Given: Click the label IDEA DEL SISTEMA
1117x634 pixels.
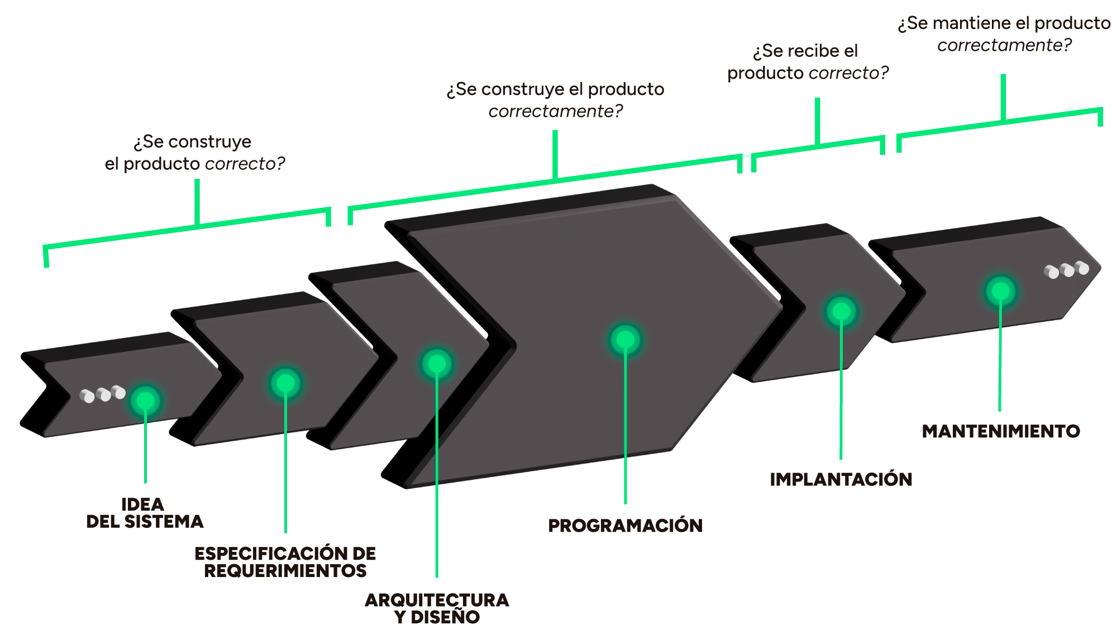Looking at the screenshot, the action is click(145, 513).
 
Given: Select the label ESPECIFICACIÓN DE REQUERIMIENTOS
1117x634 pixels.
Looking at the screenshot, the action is click(285, 562).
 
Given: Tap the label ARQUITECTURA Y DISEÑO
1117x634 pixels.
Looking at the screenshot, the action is click(437, 608).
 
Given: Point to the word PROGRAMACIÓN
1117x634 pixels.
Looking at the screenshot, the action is click(625, 526).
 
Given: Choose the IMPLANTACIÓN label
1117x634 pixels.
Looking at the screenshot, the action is click(841, 479).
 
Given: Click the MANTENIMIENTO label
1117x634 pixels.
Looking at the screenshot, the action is click(1001, 431).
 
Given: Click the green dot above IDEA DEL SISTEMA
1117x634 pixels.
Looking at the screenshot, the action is click(145, 401).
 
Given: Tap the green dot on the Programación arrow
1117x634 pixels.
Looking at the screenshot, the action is click(626, 340).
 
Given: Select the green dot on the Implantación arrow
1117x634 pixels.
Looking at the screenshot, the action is click(841, 311).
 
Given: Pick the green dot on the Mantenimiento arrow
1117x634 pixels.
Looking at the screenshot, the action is click(1001, 291).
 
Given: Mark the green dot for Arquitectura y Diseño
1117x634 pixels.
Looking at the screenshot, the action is click(437, 364).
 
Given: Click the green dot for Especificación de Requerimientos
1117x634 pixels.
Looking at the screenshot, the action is click(285, 383).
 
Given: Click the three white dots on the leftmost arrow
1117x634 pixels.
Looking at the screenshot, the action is click(102, 394).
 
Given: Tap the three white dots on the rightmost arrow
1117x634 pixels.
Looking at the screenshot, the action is click(1067, 270).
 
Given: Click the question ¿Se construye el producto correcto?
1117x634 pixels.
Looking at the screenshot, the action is click(195, 152).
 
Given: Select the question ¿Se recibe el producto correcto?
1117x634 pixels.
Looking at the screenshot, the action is click(808, 62).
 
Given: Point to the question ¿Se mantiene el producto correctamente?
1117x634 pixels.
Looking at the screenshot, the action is click(1004, 34).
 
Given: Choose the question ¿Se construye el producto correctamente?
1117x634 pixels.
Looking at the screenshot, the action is click(556, 100).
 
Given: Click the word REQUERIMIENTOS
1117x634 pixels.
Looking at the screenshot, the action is click(285, 571).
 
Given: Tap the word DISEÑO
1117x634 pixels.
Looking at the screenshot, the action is click(445, 617).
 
